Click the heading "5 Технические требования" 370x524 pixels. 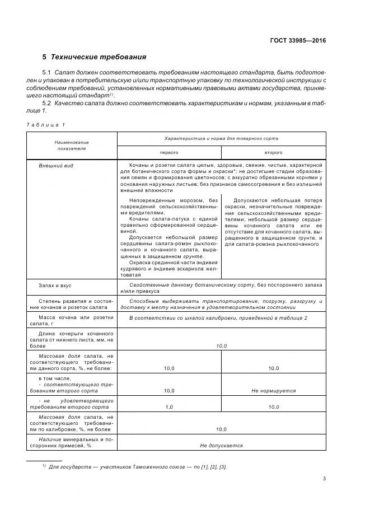[94, 57]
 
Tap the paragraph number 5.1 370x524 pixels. [47, 73]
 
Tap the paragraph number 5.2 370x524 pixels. [47, 104]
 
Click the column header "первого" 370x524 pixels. [168, 152]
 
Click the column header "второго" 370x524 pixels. [273, 152]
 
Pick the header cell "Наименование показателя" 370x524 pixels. [72, 146]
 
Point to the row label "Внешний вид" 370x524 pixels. [56, 166]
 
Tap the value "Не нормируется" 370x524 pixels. [273, 391]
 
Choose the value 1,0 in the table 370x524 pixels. [169, 408]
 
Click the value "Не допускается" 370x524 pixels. [221, 446]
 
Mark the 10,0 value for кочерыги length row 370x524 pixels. [221, 346]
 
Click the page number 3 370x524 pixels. [324, 478]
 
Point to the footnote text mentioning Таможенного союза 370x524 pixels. [137, 466]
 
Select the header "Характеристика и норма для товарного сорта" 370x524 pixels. [221, 138]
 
